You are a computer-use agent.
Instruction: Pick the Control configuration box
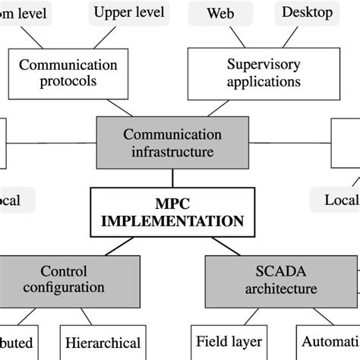click(x=64, y=279)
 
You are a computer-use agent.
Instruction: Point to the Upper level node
click(x=128, y=12)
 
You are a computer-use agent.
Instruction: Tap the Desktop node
click(x=307, y=12)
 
